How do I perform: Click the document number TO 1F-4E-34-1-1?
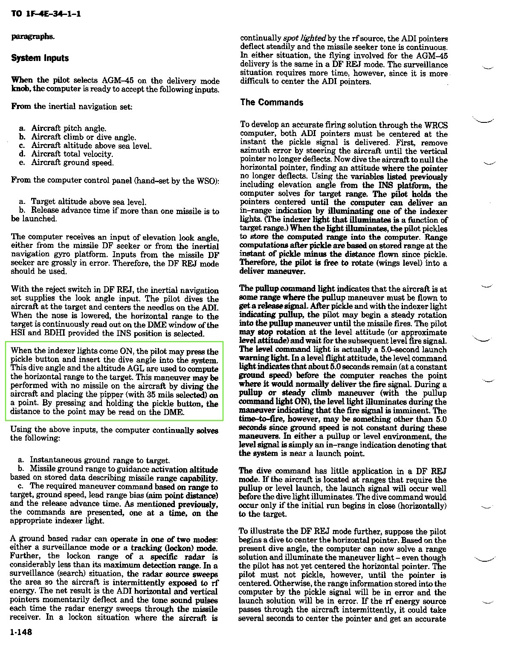46,15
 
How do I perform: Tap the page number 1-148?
22,632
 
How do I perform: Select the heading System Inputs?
40,58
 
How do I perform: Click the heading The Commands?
272,102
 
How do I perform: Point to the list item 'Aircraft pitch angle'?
69,128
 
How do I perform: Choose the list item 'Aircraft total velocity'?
72,154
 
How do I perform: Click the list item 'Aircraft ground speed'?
72,162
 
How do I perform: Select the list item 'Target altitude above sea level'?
89,202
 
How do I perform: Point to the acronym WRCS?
435,125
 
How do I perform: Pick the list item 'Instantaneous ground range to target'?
100,460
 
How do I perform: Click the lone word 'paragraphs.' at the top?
33,36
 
